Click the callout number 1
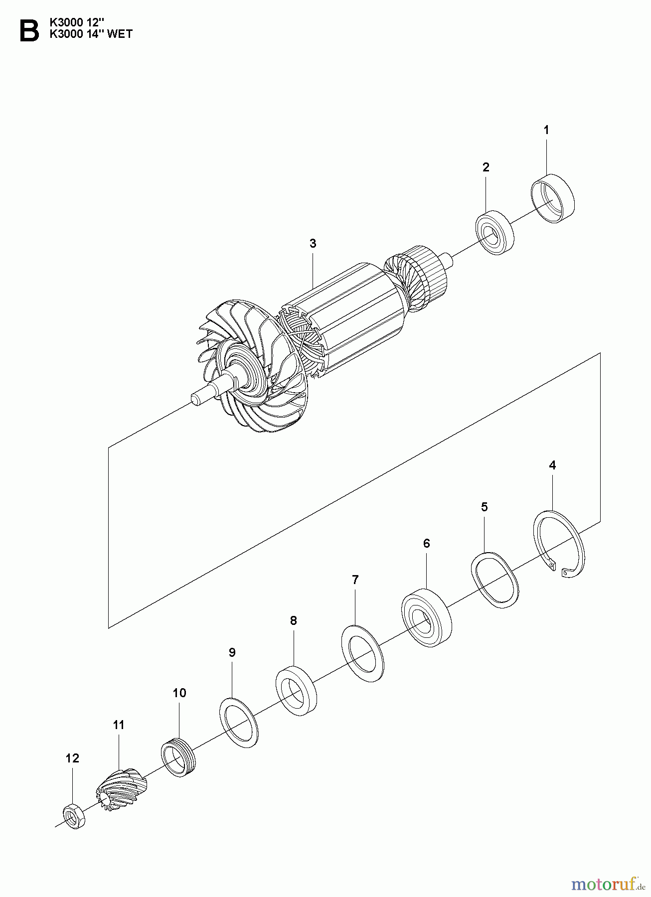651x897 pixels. pos(546,130)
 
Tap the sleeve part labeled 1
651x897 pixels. pos(552,198)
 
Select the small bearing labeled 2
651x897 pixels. pos(494,233)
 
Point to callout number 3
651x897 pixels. pos(313,244)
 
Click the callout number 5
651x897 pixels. pos(484,507)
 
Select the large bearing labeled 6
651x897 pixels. pos(426,618)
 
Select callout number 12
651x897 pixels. pos(72,758)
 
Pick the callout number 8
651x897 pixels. pos(293,620)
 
